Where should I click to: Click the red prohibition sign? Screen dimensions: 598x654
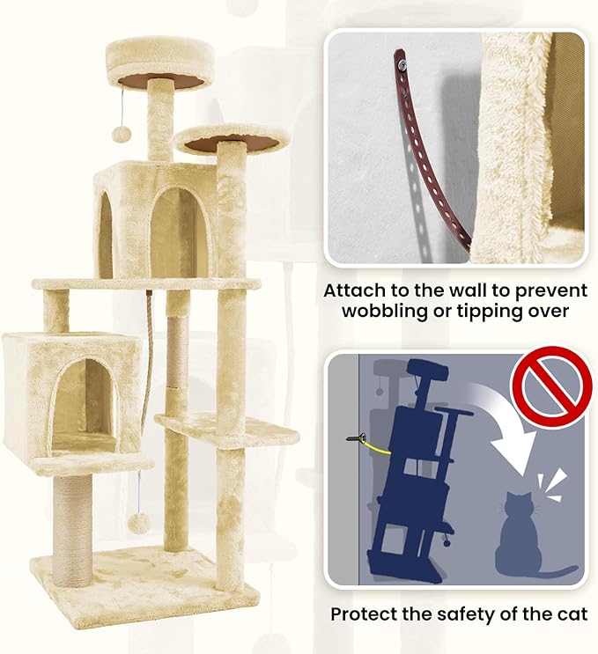(x=552, y=386)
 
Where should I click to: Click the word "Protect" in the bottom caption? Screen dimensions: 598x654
(x=363, y=614)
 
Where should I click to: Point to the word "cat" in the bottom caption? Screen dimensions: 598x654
(x=572, y=614)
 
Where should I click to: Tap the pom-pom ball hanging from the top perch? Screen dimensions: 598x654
(x=122, y=134)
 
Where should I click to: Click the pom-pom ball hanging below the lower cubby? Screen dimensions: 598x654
(x=137, y=524)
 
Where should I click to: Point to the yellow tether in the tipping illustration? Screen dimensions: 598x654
(x=376, y=446)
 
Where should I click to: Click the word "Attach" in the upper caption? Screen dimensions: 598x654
(x=355, y=290)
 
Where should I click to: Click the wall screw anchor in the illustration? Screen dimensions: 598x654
(x=356, y=438)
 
